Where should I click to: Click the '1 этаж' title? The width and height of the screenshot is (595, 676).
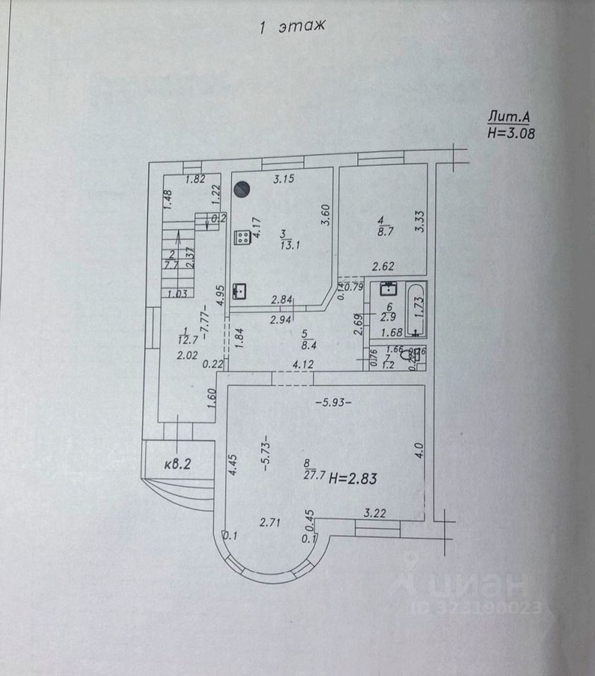click(x=291, y=27)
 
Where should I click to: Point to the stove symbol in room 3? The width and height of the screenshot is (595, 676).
click(x=242, y=238)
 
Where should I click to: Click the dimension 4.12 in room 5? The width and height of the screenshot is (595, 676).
click(x=303, y=364)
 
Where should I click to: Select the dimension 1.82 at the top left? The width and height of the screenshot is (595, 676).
click(x=194, y=179)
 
